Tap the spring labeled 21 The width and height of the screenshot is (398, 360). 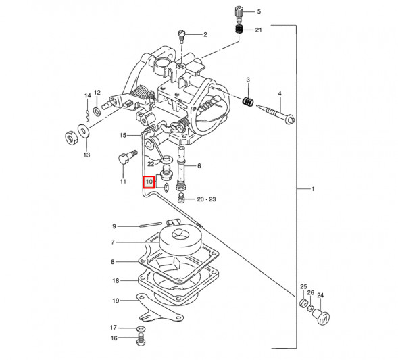[239, 30]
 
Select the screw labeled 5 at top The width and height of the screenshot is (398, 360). [237, 11]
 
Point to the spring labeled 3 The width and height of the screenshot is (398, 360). [248, 102]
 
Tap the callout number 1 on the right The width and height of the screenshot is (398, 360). [313, 189]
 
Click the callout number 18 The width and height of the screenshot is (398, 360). [116, 280]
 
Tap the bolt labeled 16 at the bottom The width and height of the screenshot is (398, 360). [140, 340]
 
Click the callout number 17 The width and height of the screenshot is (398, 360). [114, 328]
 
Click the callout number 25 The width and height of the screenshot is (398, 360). [303, 287]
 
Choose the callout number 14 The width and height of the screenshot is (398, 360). [86, 95]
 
